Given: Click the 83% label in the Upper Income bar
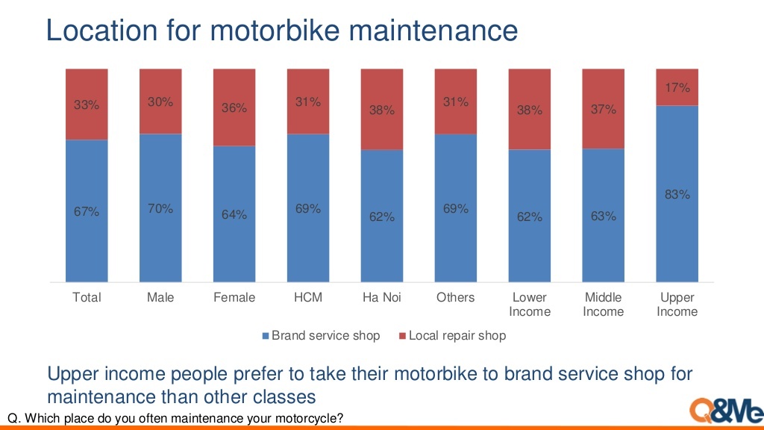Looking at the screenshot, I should (677, 195).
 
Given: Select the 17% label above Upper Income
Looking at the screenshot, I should (677, 88).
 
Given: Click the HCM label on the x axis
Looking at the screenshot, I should (308, 297).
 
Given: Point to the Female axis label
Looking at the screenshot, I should (234, 297).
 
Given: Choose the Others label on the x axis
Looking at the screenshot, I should (455, 297).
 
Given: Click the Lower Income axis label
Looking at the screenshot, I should (529, 304).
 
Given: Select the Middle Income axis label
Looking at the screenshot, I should (603, 304).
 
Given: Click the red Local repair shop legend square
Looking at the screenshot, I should (402, 336).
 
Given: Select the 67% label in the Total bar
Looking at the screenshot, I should (87, 212).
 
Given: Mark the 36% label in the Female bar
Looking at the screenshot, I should (234, 108).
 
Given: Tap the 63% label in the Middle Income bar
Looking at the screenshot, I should (603, 216).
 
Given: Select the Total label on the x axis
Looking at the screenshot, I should (87, 297).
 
